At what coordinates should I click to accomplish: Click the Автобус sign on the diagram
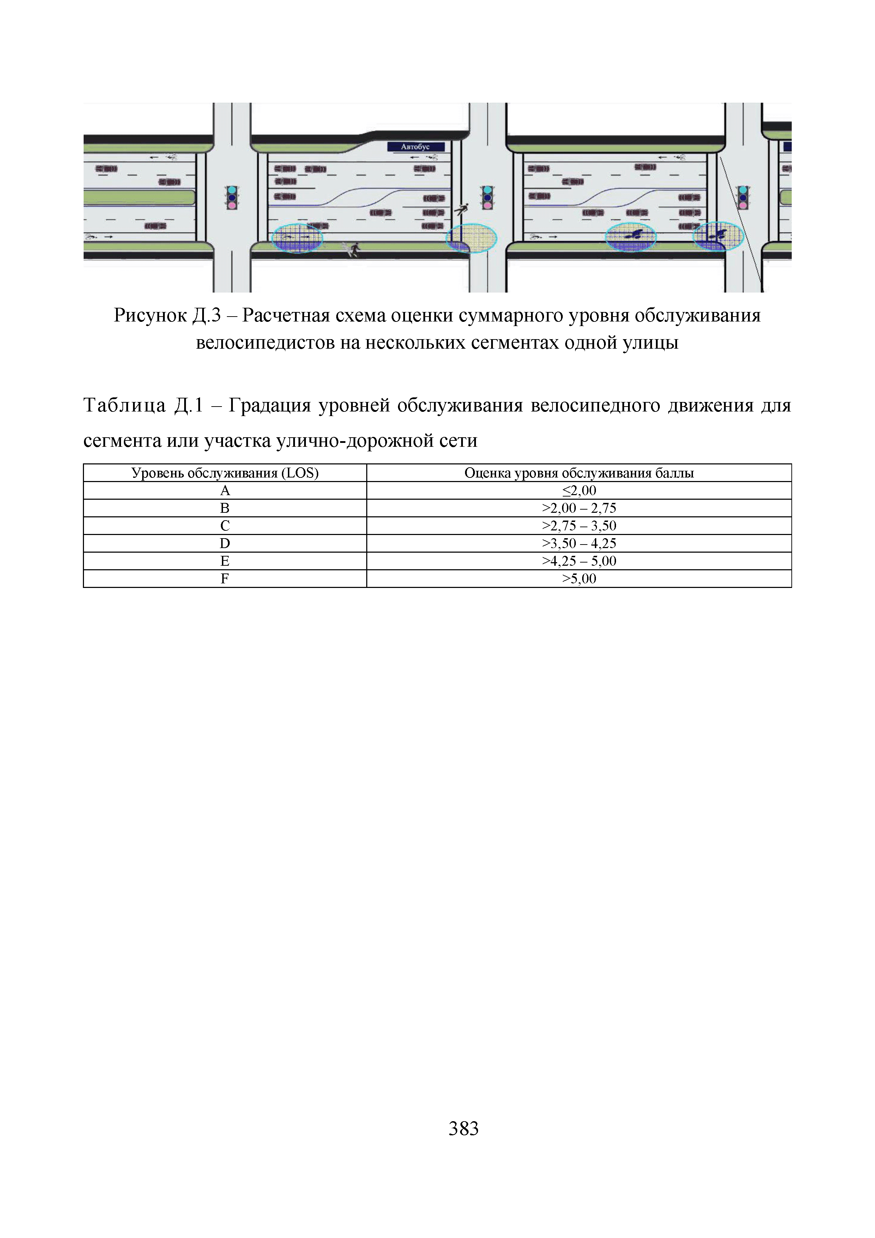point(416,147)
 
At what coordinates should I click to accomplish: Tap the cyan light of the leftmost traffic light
point(232,190)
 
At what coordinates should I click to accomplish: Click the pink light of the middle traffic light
point(487,205)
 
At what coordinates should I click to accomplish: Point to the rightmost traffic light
point(743,197)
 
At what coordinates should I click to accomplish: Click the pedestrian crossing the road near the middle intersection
point(461,209)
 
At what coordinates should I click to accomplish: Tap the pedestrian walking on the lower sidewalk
point(353,249)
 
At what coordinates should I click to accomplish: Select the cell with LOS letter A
point(225,490)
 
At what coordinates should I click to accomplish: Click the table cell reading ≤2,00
point(579,490)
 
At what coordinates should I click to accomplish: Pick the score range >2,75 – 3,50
point(579,526)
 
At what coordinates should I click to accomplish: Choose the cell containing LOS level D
point(225,543)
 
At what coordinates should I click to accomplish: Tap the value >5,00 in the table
point(579,578)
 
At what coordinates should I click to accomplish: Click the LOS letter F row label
point(225,578)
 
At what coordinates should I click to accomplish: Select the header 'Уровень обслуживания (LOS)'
point(225,473)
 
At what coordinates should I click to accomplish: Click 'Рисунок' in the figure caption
point(149,315)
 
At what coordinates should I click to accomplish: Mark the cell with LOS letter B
point(225,508)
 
